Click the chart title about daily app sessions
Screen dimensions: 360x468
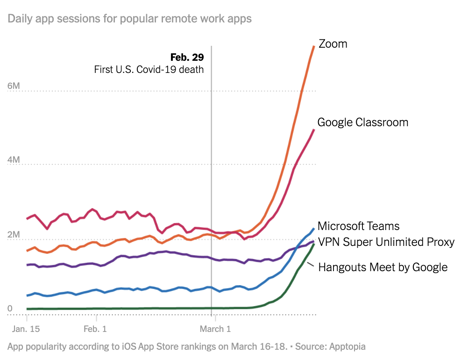(130, 19)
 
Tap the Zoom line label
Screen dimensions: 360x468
(333, 44)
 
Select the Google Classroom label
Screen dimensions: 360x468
(363, 122)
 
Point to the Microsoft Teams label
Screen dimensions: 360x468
(359, 226)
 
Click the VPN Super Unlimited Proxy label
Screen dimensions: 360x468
(386, 242)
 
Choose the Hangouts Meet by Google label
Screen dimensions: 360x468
(383, 267)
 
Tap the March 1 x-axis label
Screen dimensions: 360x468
(215, 329)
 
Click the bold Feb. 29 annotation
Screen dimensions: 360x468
(187, 58)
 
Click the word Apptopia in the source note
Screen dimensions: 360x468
(347, 346)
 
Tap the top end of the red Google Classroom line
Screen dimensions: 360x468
(313, 130)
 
